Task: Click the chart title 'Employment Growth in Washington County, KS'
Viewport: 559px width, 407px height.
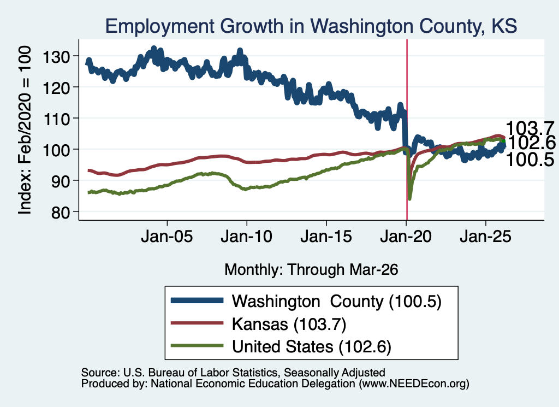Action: click(x=311, y=26)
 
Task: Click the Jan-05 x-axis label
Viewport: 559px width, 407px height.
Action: click(x=167, y=237)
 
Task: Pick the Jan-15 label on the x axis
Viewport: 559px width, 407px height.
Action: click(x=326, y=237)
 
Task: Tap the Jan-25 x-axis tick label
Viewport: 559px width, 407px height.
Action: click(x=485, y=237)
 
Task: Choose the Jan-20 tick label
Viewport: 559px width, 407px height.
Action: click(x=406, y=237)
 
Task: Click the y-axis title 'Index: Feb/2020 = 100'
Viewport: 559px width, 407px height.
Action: click(x=25, y=130)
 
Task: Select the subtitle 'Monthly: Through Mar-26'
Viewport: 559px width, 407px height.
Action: click(x=311, y=270)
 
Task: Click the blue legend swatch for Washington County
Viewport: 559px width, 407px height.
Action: click(x=197, y=300)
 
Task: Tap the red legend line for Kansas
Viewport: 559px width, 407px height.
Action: click(x=197, y=323)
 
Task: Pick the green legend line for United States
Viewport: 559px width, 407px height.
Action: click(x=197, y=346)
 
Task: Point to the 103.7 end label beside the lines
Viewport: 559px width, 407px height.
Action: click(x=530, y=128)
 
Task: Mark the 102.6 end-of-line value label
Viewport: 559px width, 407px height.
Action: click(x=531, y=143)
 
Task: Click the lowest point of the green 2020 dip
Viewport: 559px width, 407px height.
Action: click(x=409, y=198)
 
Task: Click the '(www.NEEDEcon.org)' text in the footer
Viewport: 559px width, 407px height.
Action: click(x=414, y=384)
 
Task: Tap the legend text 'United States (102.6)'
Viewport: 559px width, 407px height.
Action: click(x=312, y=346)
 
